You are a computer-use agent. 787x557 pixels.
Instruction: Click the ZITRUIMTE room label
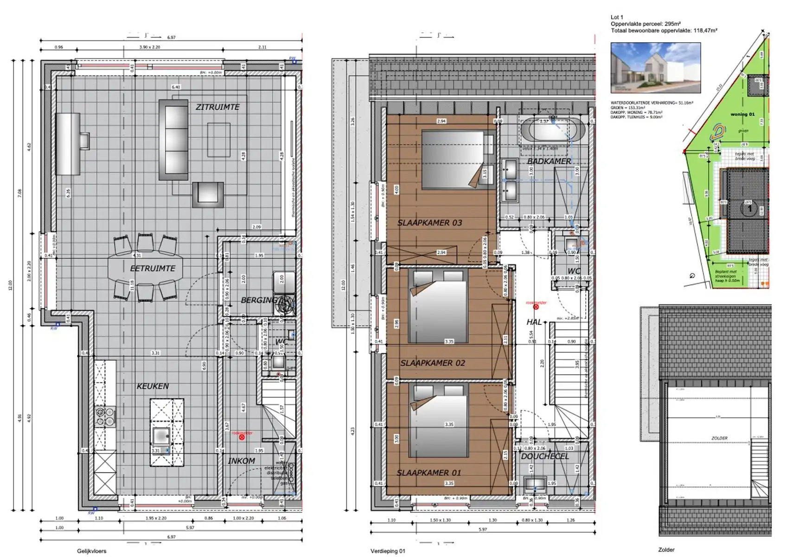click(218, 107)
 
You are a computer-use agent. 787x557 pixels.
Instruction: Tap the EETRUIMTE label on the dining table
click(153, 268)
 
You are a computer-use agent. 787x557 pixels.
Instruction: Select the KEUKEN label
click(153, 386)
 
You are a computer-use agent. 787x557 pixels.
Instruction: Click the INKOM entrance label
click(241, 460)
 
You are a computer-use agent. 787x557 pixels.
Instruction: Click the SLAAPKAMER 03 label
click(429, 222)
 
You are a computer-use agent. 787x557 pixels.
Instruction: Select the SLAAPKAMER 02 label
click(432, 363)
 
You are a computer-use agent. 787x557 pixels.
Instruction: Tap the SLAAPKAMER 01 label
click(429, 473)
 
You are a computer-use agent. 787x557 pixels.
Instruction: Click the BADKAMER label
click(549, 161)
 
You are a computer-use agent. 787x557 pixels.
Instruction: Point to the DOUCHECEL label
click(545, 456)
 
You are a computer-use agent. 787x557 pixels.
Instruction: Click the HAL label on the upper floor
click(534, 322)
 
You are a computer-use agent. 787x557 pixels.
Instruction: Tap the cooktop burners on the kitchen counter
click(105, 416)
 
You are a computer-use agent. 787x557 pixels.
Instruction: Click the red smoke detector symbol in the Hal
click(536, 307)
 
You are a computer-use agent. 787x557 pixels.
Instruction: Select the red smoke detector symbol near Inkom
click(242, 437)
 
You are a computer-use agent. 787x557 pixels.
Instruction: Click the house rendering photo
click(655, 68)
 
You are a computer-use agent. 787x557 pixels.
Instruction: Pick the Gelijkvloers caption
click(91, 551)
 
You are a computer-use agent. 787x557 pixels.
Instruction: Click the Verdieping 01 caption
click(388, 551)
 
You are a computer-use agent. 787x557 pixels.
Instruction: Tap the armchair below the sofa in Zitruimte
click(208, 194)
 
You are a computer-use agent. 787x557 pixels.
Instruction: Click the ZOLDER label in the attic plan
click(719, 438)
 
